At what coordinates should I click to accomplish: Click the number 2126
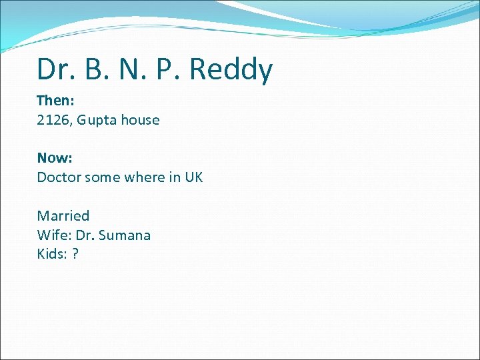(53, 120)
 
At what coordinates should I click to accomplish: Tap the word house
(141, 120)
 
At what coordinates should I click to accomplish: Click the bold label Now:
(55, 158)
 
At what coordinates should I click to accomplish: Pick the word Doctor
(59, 177)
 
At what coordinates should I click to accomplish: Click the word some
(103, 177)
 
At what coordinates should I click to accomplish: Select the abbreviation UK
(193, 177)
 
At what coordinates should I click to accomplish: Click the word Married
(63, 216)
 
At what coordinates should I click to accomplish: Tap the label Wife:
(52, 235)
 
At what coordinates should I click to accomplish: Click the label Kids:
(51, 254)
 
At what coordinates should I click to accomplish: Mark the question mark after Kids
(75, 254)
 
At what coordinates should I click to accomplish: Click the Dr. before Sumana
(87, 235)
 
